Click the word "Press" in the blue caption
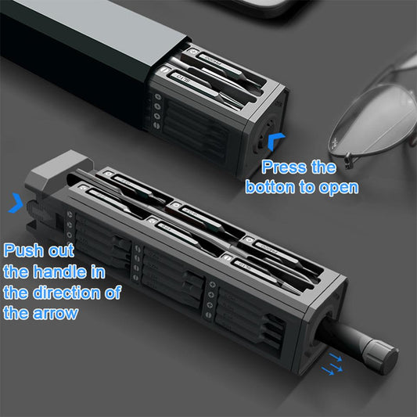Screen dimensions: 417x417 coord(282,167)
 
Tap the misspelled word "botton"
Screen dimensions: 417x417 coord(270,188)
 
